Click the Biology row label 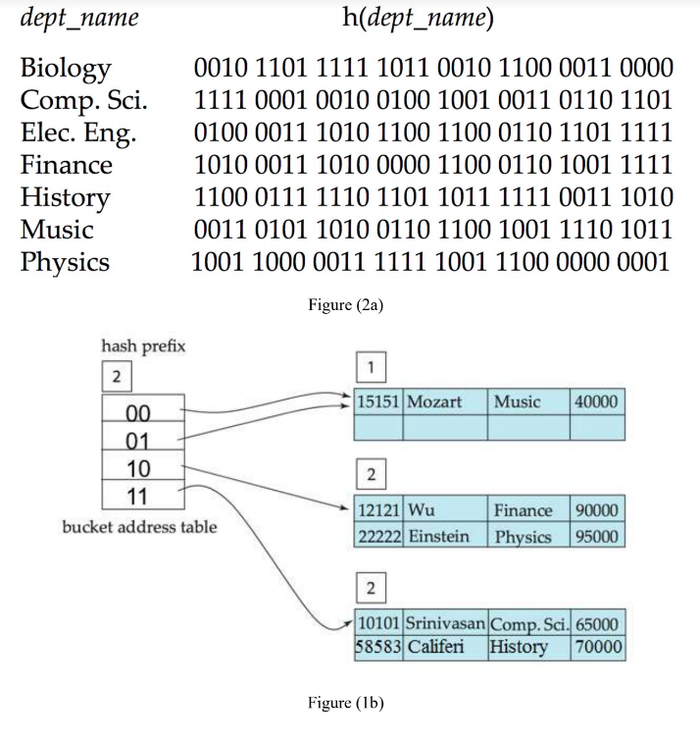click(65, 69)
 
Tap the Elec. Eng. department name click(77, 133)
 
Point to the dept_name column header click(79, 19)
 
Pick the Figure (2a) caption click(345, 305)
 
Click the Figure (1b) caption click(345, 703)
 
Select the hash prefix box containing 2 click(116, 377)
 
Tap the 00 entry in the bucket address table click(138, 410)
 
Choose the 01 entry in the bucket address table click(138, 438)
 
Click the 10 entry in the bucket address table click(138, 466)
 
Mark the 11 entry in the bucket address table click(138, 494)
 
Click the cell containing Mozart click(433, 401)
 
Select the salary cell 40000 click(596, 401)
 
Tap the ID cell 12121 click(378, 510)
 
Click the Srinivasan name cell click(444, 624)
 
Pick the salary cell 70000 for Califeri click(598, 648)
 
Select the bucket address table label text click(139, 527)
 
